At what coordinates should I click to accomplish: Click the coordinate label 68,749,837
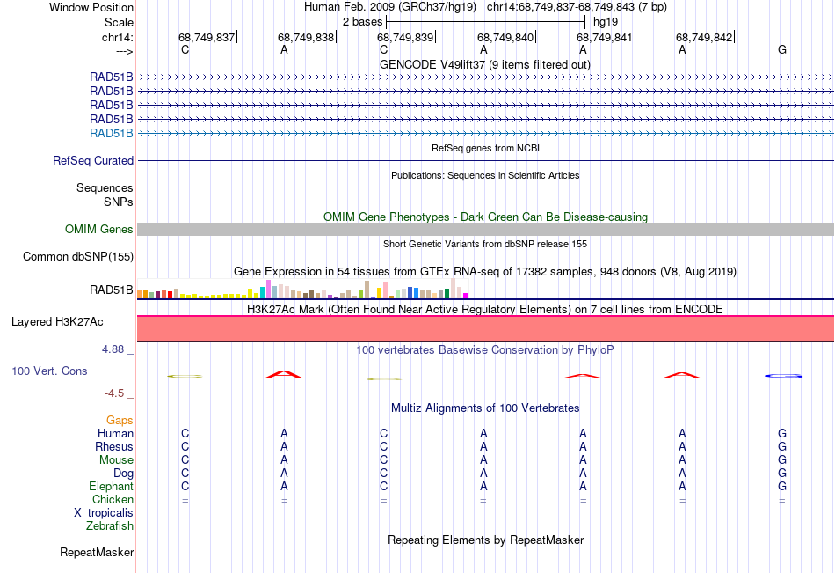[x=207, y=37]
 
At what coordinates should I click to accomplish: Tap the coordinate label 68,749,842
[x=704, y=37]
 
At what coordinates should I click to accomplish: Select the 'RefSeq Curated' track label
[x=93, y=161]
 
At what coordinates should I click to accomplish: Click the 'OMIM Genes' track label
[x=99, y=230]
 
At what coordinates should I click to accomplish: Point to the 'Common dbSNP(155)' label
[x=78, y=257]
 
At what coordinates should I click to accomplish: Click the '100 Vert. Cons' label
[x=49, y=371]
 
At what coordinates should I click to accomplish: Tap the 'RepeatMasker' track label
[x=97, y=553]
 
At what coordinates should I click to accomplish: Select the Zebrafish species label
[x=110, y=526]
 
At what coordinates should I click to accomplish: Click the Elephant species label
[x=111, y=487]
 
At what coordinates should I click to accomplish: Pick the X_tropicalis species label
[x=104, y=513]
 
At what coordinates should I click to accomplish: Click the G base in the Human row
[x=782, y=434]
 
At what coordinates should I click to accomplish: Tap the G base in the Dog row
[x=782, y=474]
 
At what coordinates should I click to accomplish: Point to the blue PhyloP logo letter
[x=783, y=376]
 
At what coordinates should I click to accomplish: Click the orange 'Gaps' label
[x=120, y=421]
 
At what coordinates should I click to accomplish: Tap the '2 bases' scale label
[x=360, y=21]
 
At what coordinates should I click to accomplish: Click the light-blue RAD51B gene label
[x=112, y=134]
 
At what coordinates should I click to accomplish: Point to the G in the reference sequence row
[x=782, y=50]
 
